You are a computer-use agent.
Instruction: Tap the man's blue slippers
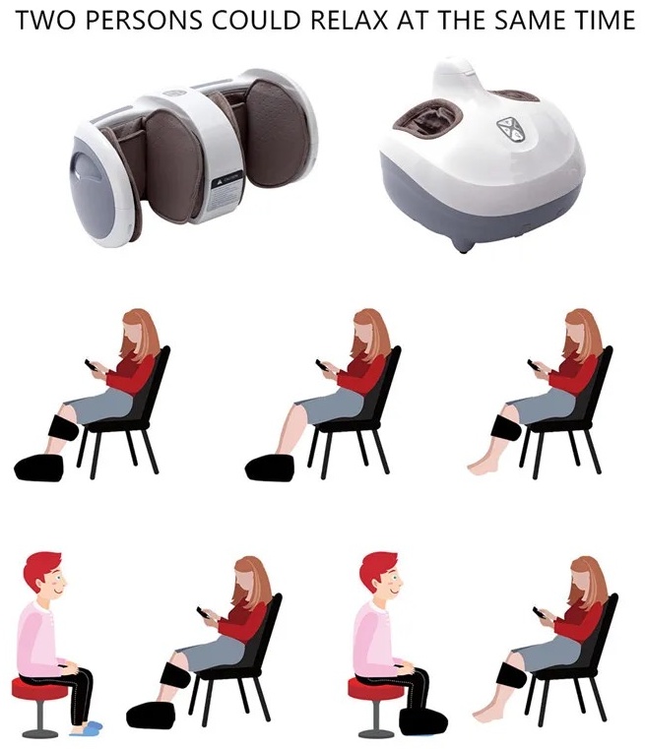[x=88, y=727]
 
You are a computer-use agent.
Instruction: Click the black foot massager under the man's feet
[x=422, y=721]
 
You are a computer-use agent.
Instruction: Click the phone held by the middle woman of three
[x=323, y=365]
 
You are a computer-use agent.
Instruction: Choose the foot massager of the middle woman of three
[x=270, y=468]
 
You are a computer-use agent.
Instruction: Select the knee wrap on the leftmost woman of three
[x=64, y=427]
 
